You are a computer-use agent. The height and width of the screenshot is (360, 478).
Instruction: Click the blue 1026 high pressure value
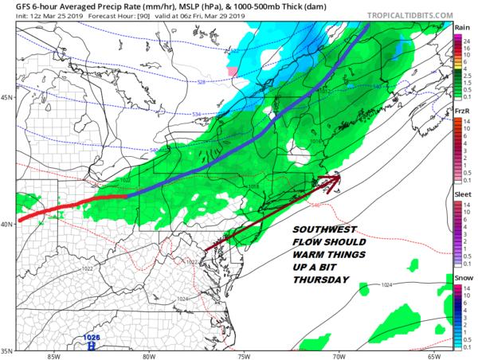coord(92,337)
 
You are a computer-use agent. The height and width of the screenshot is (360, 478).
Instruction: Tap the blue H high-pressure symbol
coord(92,346)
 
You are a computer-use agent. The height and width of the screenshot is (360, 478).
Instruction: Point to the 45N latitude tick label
coord(7,98)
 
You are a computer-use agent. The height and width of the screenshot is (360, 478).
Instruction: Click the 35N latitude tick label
coord(7,350)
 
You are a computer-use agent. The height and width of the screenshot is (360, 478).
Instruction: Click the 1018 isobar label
coord(253,187)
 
